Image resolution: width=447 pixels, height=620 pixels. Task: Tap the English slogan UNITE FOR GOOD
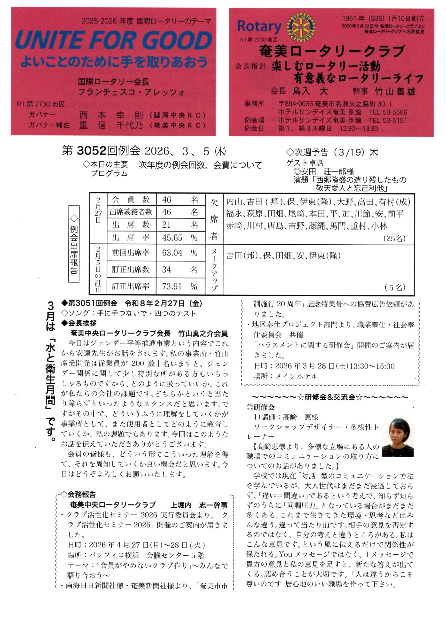[114, 40]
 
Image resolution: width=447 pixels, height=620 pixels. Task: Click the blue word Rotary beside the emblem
[259, 26]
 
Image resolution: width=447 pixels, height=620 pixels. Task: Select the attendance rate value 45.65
[172, 238]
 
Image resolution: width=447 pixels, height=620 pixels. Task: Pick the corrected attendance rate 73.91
[172, 287]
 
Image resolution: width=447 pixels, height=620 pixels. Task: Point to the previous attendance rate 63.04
[172, 253]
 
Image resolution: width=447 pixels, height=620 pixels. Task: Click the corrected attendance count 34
[166, 270]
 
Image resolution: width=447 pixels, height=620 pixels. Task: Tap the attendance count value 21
[166, 225]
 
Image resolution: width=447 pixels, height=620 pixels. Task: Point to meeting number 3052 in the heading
[91, 151]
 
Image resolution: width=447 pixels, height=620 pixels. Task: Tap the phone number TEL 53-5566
[388, 112]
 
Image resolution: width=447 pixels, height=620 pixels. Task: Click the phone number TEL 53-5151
[388, 120]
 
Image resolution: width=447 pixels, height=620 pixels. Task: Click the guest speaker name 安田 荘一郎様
[327, 172]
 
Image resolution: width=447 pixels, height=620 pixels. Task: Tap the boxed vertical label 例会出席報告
[74, 244]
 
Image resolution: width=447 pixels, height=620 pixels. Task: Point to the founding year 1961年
[353, 19]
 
